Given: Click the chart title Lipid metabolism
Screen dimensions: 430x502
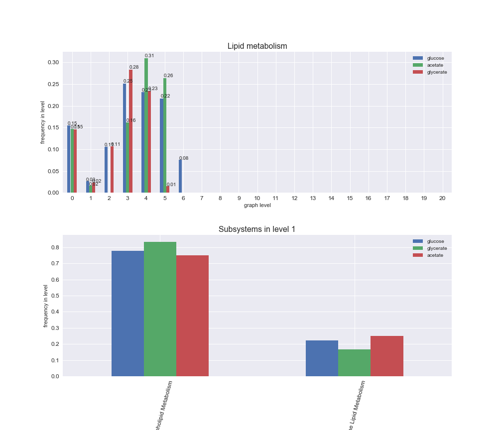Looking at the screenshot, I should [257, 46].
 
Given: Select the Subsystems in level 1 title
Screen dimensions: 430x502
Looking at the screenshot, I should [257, 229].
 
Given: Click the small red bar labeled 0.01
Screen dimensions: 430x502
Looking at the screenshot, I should [168, 190].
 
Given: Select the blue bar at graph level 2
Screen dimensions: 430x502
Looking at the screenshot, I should [106, 170].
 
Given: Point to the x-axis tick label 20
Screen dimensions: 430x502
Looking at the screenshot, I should [442, 198].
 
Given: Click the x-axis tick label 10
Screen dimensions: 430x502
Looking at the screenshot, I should [257, 198].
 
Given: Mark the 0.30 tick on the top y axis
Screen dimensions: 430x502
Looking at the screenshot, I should [53, 63].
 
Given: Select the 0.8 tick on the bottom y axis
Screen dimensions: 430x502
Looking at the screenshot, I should [55, 247].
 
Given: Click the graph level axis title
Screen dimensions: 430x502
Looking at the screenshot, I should [257, 205].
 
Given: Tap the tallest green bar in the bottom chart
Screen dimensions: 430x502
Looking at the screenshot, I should [160, 309].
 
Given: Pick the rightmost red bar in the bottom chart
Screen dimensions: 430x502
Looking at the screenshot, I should [387, 356].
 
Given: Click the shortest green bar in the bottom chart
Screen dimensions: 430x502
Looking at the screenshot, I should [354, 363].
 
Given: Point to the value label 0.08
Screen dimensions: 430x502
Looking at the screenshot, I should [184, 158].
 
